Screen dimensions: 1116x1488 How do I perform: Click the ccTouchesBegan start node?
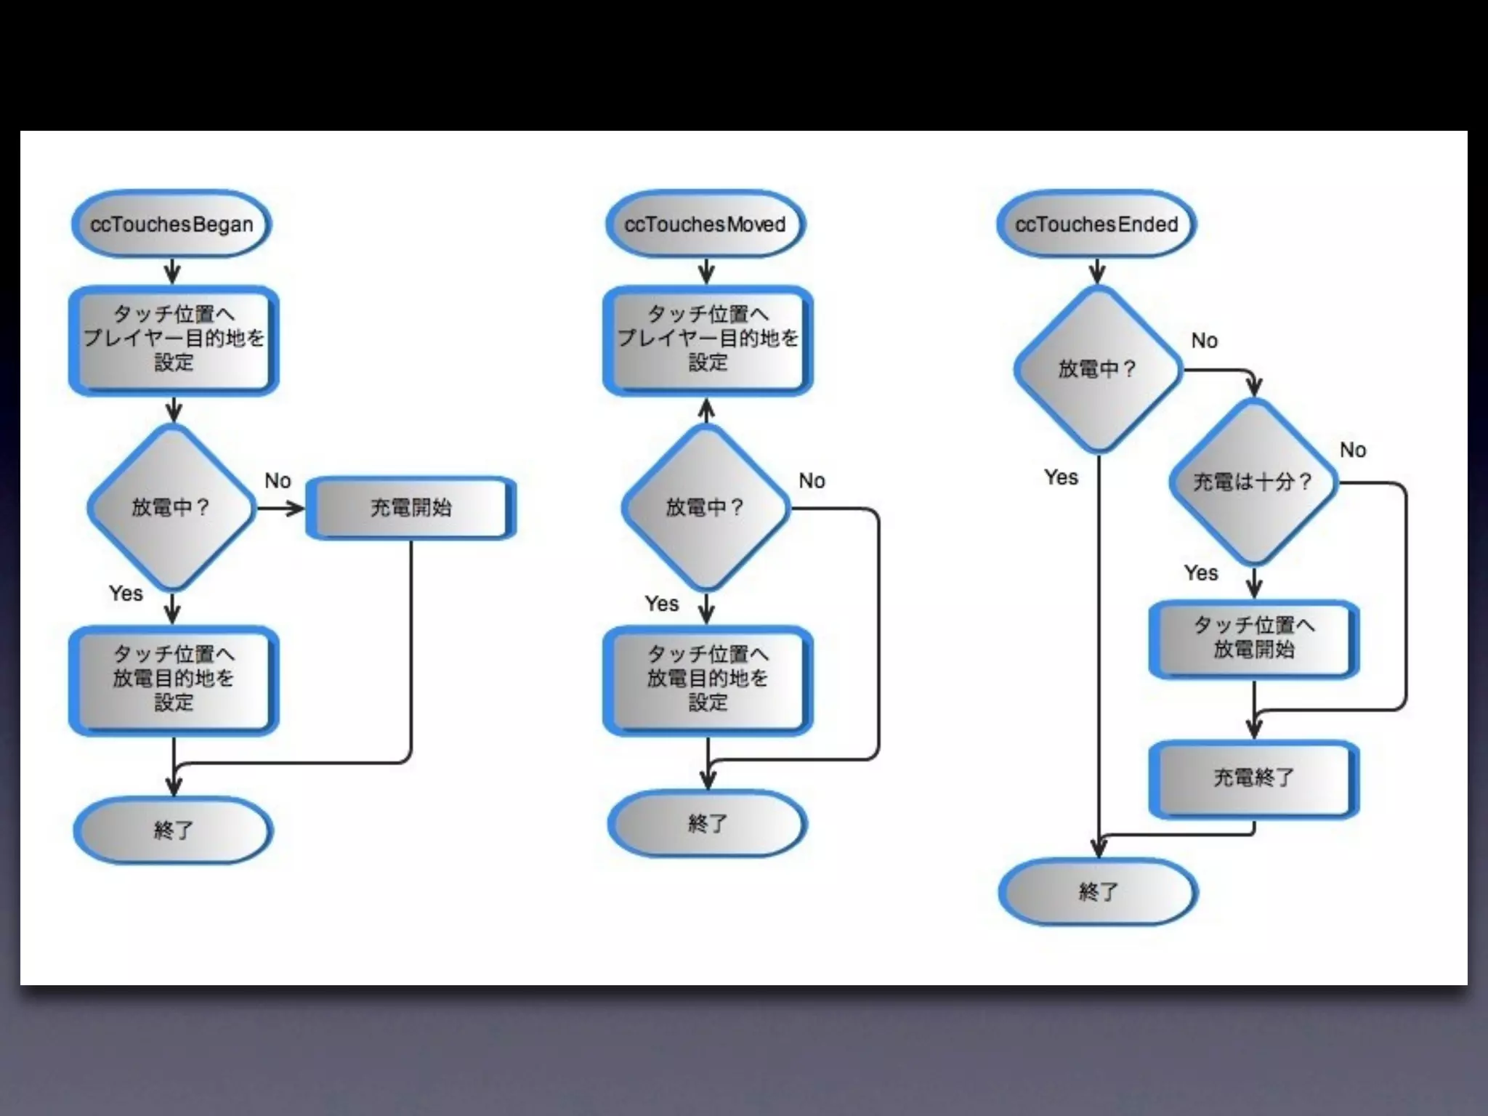tap(171, 224)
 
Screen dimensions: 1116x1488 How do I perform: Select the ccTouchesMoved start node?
tap(705, 224)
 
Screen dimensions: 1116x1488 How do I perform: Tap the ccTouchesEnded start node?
tap(1096, 224)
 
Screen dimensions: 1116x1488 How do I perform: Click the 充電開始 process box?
tap(411, 507)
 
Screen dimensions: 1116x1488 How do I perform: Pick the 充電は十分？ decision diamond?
tap(1253, 482)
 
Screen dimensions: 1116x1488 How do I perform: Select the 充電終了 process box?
tap(1253, 778)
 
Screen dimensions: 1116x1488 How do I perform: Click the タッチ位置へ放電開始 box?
tap(1253, 638)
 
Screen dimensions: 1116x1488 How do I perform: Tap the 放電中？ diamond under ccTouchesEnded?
tap(1097, 369)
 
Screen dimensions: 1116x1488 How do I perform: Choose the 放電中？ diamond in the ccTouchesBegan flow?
tap(171, 507)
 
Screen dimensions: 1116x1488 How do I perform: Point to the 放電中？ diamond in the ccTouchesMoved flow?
tap(705, 507)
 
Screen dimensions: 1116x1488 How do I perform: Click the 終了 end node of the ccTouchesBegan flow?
tap(173, 830)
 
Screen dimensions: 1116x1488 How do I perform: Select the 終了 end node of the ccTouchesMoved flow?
tap(707, 823)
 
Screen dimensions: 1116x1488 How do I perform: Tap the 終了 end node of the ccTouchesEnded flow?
tap(1098, 891)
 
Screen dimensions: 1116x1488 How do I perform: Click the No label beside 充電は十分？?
tap(1353, 450)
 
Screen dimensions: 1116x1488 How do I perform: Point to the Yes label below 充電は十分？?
tap(1200, 573)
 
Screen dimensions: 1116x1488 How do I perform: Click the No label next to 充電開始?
tap(278, 481)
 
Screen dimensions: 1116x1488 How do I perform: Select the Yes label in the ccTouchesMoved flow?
tap(661, 604)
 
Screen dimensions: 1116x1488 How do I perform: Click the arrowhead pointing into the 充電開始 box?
tap(296, 508)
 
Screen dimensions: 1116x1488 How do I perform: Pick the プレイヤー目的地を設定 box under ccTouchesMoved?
tap(708, 339)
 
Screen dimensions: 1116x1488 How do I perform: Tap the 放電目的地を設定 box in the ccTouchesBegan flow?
tap(174, 679)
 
